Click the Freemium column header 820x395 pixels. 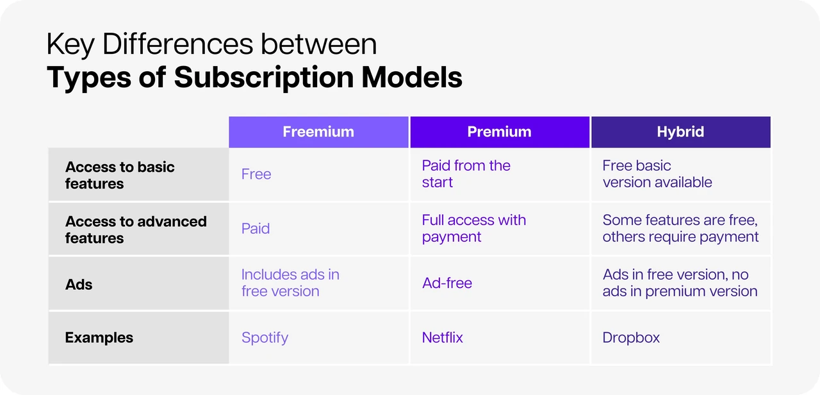pos(318,132)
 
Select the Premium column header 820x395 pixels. pos(500,132)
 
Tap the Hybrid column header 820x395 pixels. pos(681,132)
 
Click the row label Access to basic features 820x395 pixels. pos(120,175)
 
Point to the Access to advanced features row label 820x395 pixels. pos(136,230)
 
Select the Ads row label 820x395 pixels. pos(79,284)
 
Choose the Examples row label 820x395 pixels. pos(99,337)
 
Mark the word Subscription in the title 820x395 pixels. pos(263,78)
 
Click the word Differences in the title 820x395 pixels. pos(177,44)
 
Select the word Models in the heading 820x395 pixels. pos(412,77)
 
